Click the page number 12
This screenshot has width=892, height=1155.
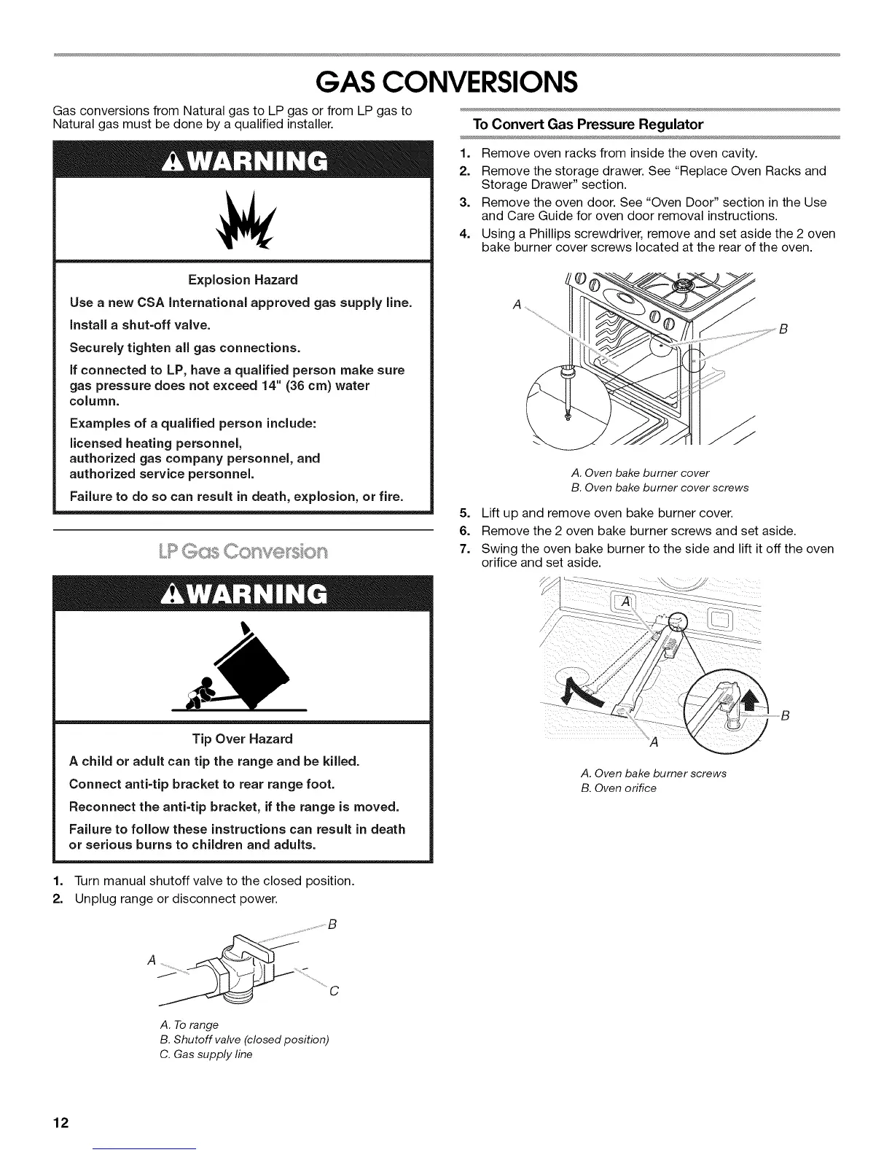[60, 1121]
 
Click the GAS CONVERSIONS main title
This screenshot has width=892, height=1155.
[446, 82]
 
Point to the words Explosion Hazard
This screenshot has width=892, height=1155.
[243, 280]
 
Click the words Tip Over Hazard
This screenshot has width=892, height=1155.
[243, 739]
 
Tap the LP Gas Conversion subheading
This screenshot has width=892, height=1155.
[243, 551]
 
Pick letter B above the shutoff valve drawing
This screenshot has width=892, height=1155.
[332, 925]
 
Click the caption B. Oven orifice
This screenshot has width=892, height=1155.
[619, 788]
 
